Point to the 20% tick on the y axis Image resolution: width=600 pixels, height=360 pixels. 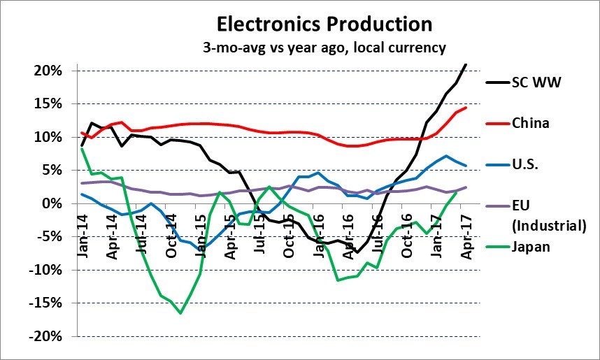(x=47, y=71)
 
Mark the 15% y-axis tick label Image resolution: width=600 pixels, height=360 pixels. (x=47, y=103)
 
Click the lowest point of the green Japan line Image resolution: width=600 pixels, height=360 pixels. (x=180, y=313)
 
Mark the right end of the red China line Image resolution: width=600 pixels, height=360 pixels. (x=466, y=108)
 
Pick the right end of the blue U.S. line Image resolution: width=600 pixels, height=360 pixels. (x=466, y=166)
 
